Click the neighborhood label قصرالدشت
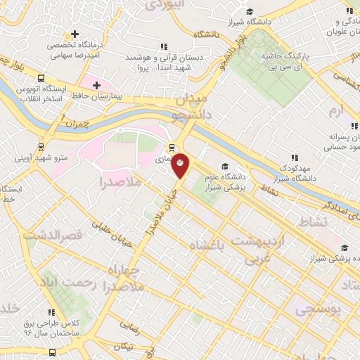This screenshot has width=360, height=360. (52, 234)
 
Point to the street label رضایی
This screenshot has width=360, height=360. (129, 326)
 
